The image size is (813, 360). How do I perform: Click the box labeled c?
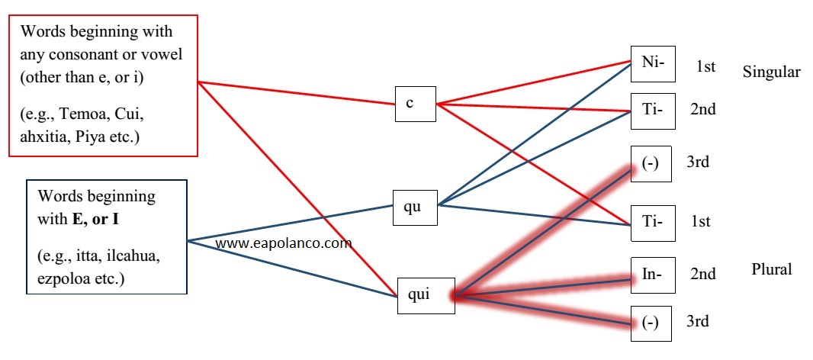(x=415, y=103)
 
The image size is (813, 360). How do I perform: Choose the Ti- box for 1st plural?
(x=651, y=221)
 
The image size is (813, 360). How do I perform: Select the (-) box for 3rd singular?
(x=651, y=164)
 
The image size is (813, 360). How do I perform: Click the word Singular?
(x=771, y=72)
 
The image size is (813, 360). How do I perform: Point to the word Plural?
(x=771, y=269)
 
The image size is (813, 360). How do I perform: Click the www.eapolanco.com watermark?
(x=284, y=244)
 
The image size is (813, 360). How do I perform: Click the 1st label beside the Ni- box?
(x=705, y=68)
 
